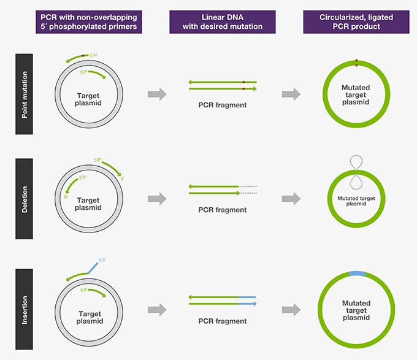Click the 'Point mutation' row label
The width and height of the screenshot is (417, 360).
24,93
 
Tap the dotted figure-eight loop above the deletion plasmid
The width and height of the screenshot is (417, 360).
356,172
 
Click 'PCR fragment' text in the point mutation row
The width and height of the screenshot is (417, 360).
222,105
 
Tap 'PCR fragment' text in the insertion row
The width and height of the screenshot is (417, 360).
222,321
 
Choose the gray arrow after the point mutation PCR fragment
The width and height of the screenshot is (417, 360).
291,93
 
